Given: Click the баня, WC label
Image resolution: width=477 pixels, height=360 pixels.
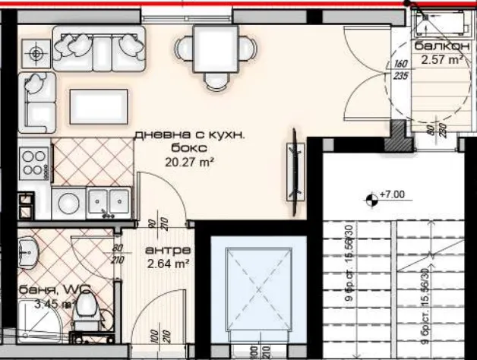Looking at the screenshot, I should pyautogui.click(x=45, y=289).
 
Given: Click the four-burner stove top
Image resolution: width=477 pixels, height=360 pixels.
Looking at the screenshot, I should pyautogui.click(x=35, y=161).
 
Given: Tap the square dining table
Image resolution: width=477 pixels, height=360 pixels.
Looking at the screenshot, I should pyautogui.click(x=213, y=46).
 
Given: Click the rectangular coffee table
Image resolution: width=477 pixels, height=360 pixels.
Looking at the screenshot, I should pyautogui.click(x=98, y=106).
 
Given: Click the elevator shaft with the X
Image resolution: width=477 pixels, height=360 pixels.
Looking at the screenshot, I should pyautogui.click(x=258, y=291).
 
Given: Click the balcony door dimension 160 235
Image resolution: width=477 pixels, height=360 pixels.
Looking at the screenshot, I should pyautogui.click(x=402, y=70).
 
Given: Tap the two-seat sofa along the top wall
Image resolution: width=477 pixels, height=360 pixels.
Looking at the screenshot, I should pyautogui.click(x=99, y=46).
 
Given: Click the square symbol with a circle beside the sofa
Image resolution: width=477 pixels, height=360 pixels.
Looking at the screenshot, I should pyautogui.click(x=35, y=53).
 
